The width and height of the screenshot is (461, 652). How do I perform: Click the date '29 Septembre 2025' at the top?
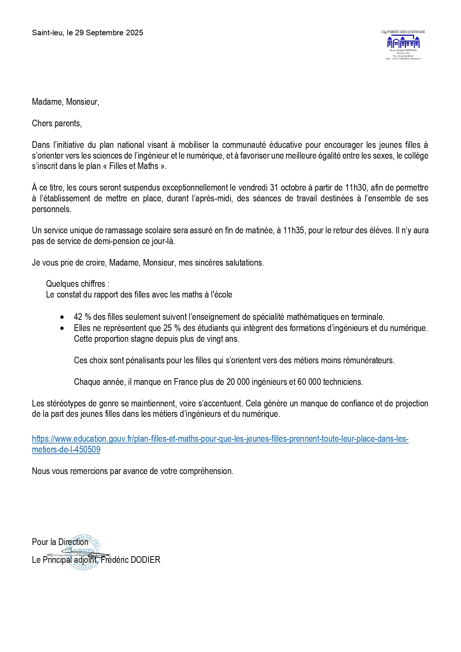(109, 33)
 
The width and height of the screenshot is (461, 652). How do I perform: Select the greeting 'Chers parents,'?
(57, 123)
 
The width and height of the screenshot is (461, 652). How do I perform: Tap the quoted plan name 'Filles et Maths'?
(134, 166)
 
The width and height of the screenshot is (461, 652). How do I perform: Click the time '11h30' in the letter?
(356, 188)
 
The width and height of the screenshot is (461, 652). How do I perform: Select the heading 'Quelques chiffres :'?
(78, 284)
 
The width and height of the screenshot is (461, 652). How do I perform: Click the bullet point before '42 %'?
(62, 317)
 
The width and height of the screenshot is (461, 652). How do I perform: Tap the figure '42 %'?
(82, 317)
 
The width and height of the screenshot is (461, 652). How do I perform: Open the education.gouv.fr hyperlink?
(220, 439)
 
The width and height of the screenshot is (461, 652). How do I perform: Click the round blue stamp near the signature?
(85, 553)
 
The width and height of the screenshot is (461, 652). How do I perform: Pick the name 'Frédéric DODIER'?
(130, 560)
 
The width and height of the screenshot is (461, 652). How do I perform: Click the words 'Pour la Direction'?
(60, 542)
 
